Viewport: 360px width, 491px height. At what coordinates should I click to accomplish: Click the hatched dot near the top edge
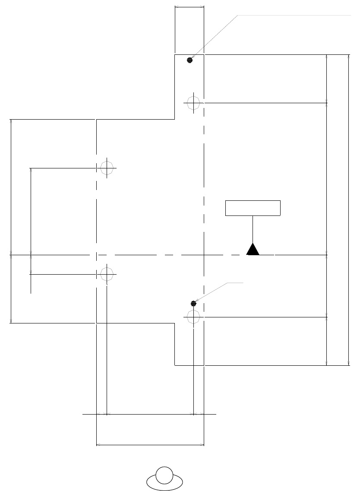pyautogui.click(x=189, y=60)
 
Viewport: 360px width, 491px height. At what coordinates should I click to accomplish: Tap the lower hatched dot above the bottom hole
pyautogui.click(x=193, y=304)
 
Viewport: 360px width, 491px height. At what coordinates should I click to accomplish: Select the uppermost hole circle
pyautogui.click(x=193, y=103)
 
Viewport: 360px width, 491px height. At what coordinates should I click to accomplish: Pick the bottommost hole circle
pyautogui.click(x=193, y=317)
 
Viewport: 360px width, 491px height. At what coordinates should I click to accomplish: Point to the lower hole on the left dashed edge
pyautogui.click(x=107, y=274)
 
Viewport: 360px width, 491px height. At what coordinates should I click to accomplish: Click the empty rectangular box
pyautogui.click(x=253, y=208)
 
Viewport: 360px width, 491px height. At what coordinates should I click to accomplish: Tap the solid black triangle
pyautogui.click(x=253, y=250)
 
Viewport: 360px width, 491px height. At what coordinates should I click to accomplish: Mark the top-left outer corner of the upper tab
pyautogui.click(x=174, y=55)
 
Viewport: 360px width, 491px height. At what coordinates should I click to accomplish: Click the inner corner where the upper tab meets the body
pyautogui.click(x=174, y=119)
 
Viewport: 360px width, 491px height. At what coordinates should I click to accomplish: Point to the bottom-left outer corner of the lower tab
pyautogui.click(x=174, y=365)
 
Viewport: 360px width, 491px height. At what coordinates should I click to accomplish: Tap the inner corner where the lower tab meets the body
pyautogui.click(x=174, y=323)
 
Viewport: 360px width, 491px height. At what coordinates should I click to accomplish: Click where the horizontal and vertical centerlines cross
pyautogui.click(x=204, y=255)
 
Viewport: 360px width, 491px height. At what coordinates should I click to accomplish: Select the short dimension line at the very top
pyautogui.click(x=189, y=6)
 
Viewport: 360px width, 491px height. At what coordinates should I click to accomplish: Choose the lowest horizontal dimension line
pyautogui.click(x=150, y=444)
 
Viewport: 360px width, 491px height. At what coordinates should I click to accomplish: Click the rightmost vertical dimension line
pyautogui.click(x=348, y=210)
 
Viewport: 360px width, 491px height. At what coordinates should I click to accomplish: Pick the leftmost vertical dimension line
pyautogui.click(x=10, y=221)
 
